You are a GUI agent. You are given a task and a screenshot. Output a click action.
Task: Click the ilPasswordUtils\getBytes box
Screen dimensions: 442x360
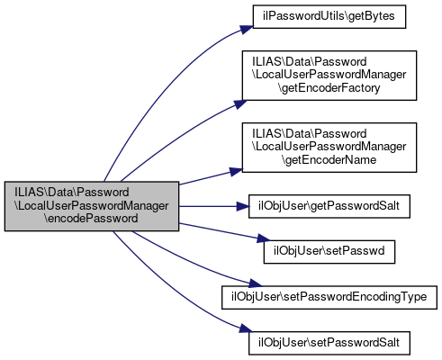click(329, 17)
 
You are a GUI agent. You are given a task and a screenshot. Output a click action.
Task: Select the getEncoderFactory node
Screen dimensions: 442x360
click(329, 76)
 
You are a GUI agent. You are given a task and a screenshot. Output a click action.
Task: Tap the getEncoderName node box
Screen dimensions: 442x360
click(329, 148)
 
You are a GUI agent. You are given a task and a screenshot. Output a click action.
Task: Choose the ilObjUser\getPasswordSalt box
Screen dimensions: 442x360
click(329, 206)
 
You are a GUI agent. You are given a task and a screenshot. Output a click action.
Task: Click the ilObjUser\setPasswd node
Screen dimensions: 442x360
click(329, 252)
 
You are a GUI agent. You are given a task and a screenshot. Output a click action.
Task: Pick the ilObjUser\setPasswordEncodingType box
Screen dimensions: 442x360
click(329, 298)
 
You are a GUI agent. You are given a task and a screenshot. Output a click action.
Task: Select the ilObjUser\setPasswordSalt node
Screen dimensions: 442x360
click(329, 343)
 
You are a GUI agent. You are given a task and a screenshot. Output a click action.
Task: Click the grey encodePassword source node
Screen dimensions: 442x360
click(92, 206)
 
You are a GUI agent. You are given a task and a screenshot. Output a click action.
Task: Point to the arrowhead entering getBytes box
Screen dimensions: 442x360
click(247, 30)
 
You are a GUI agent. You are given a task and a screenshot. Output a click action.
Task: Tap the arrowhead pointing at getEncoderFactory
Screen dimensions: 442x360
click(240, 103)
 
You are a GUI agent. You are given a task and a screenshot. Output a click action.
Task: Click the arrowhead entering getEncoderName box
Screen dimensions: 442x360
click(236, 171)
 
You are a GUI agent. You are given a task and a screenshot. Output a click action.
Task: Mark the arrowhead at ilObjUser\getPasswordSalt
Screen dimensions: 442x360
click(243, 206)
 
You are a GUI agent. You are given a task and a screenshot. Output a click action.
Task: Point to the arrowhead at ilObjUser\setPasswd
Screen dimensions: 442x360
click(264, 238)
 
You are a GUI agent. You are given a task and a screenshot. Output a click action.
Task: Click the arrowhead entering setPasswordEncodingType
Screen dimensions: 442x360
click(256, 283)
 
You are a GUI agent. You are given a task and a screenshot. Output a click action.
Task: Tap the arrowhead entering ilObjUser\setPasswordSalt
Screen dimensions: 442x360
click(246, 328)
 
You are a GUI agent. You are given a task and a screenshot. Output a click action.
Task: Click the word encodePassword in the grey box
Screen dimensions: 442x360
click(92, 219)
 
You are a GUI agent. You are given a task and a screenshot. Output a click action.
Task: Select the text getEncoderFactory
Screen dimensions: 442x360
click(329, 88)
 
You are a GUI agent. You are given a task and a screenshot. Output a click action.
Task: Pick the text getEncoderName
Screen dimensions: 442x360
click(329, 160)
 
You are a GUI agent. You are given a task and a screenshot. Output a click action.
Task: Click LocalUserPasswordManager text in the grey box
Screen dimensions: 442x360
click(92, 206)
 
